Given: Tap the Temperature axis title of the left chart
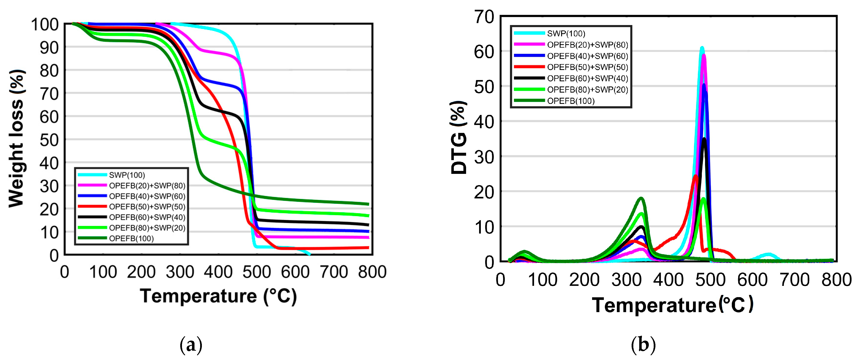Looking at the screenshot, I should tap(218, 296).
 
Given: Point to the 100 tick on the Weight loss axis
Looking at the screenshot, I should tap(45, 25).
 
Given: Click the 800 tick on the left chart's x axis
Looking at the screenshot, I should tap(372, 272).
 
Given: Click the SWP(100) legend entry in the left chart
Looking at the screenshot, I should tap(127, 175).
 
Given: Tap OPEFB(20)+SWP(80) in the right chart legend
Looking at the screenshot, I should tap(587, 45).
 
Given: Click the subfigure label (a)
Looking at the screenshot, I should tap(191, 345).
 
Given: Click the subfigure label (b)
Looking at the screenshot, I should tap(643, 345).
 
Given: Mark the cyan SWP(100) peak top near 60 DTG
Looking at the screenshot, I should tap(702, 48).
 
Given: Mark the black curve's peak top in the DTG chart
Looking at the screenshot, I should tap(704, 139).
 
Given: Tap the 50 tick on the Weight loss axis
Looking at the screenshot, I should tap(49, 140).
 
